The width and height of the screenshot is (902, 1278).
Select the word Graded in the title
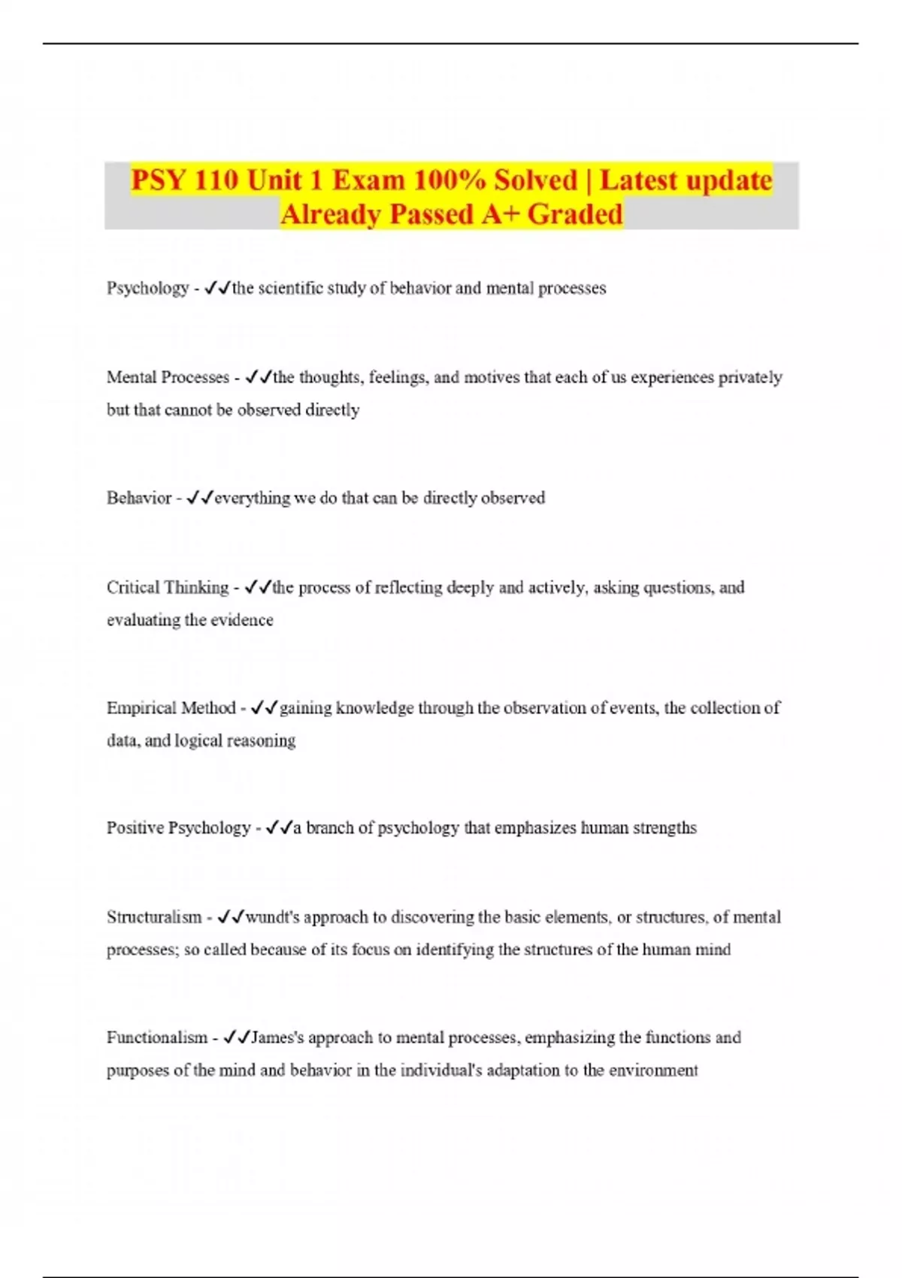point(575,215)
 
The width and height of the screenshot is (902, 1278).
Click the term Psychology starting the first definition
point(147,289)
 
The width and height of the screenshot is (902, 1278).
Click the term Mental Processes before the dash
point(168,377)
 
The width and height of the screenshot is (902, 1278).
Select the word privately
point(750,377)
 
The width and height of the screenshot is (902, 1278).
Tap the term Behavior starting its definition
point(139,498)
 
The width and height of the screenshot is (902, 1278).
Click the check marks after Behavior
point(200,498)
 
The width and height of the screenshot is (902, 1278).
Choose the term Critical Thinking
point(168,588)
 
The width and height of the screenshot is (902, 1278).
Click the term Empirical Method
point(171,708)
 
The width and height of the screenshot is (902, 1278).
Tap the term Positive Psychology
point(178,828)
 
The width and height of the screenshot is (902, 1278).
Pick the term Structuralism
point(154,918)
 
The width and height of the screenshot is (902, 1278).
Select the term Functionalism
point(156,1038)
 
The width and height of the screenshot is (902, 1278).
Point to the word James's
point(277,1038)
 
